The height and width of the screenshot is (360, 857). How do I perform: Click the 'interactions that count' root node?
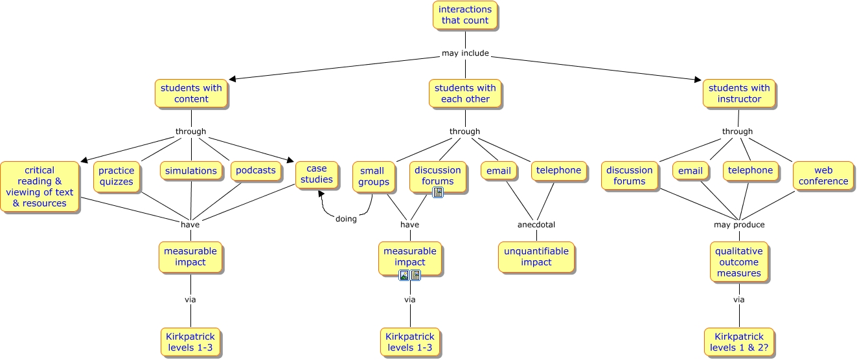point(465,15)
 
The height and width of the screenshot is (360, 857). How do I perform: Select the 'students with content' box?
point(191,94)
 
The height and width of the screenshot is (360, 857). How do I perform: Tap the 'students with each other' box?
point(465,94)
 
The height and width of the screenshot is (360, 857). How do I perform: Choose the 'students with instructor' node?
point(739,94)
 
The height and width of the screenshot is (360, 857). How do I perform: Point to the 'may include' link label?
point(465,53)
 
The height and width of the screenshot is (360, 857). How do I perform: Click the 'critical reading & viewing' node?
point(40,187)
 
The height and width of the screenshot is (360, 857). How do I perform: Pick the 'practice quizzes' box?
point(117,176)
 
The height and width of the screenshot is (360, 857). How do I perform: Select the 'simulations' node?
point(190,171)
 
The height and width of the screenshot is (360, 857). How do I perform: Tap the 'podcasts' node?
point(256,170)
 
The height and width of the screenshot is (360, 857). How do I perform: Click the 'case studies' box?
point(317,175)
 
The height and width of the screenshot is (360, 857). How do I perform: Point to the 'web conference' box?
point(823,176)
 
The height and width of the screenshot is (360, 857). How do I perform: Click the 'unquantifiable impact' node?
point(536,256)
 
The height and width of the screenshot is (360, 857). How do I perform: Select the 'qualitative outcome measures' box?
point(739,262)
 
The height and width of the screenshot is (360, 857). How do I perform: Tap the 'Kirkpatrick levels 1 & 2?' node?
point(739,342)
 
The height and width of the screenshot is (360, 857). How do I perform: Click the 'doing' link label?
point(346,219)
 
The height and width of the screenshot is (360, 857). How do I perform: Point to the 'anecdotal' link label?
point(536,225)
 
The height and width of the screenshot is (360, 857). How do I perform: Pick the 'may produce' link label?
point(739,225)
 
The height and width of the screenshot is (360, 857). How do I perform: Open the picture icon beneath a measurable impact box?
point(404,275)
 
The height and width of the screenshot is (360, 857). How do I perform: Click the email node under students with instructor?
point(691,171)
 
